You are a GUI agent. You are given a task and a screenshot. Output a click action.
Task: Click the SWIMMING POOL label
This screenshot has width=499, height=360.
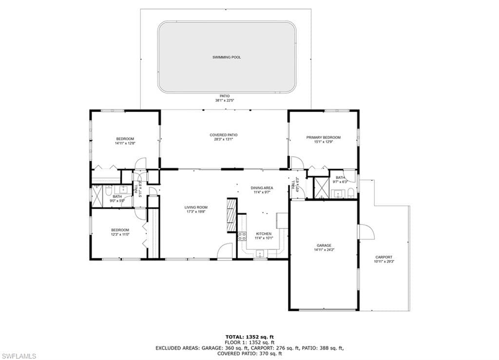(x=226, y=57)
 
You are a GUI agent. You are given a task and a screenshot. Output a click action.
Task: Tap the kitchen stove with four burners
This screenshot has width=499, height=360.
(x=241, y=237)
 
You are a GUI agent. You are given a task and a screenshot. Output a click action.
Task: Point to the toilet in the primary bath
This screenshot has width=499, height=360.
(x=350, y=193)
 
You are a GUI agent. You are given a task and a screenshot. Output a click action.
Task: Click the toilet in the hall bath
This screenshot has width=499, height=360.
(x=96, y=187)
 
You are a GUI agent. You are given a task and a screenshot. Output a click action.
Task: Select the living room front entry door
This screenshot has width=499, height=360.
(x=225, y=252)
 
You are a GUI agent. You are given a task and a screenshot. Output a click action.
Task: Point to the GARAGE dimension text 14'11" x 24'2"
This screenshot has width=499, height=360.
(x=324, y=250)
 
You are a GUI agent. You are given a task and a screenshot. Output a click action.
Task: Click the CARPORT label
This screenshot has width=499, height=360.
(x=384, y=257)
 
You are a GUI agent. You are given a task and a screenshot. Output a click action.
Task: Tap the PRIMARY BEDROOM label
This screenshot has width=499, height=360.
(x=323, y=137)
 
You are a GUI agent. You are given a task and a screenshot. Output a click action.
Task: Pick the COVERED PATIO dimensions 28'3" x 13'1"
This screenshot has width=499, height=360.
(x=224, y=139)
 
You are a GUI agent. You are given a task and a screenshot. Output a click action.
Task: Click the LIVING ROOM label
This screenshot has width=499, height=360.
(x=196, y=208)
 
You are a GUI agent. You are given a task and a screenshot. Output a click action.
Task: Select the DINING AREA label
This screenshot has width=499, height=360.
(x=262, y=188)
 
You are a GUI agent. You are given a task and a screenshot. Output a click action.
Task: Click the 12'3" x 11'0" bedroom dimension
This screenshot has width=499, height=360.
(x=120, y=234)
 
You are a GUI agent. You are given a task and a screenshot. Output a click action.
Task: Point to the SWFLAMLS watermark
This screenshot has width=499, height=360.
(x=19, y=356)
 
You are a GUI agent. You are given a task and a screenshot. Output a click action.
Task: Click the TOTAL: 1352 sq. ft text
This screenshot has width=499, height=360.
(x=249, y=337)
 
